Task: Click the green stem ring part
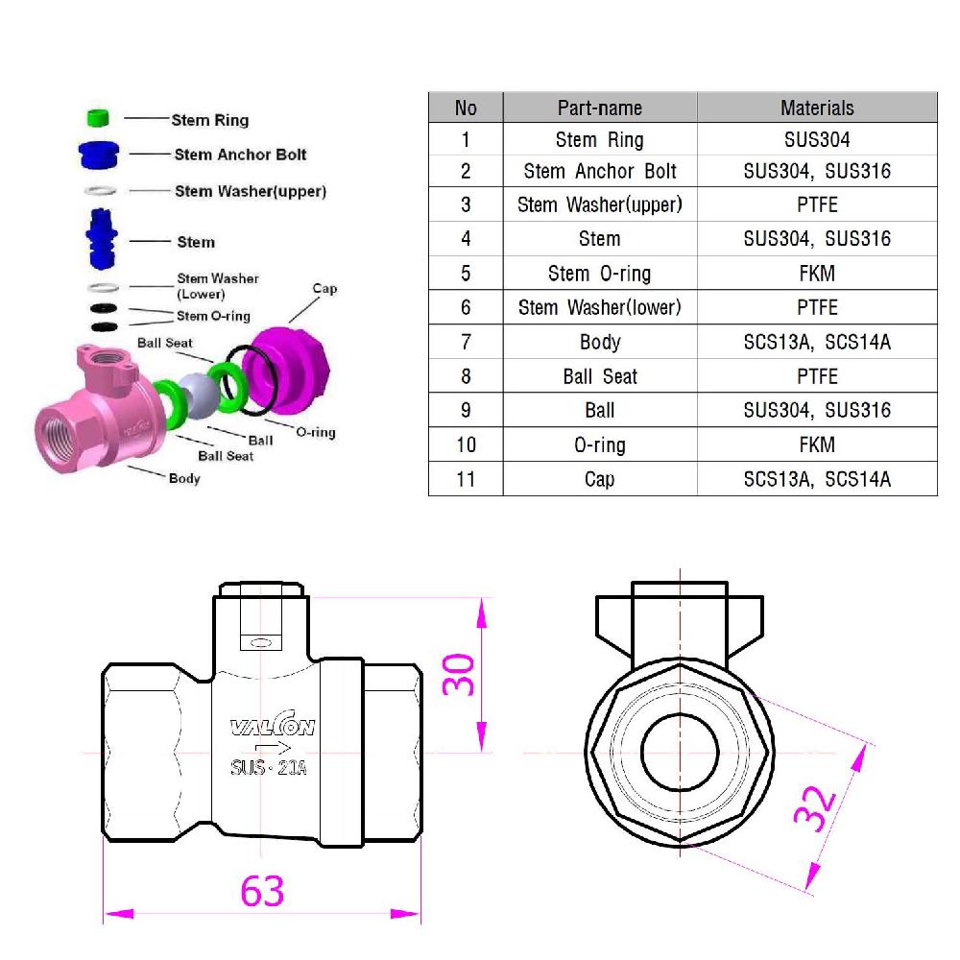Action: pos(97,118)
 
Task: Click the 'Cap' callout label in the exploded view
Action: pos(324,289)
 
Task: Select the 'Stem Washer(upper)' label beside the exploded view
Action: pos(250,191)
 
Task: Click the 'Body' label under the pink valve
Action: pos(184,478)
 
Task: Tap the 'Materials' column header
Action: pos(816,108)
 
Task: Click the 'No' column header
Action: pos(466,108)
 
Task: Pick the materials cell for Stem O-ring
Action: pos(816,274)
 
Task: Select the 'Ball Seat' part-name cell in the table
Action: pos(600,376)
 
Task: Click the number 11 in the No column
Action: pos(466,478)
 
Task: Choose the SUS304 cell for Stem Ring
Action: pos(816,140)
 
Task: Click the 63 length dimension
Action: pos(262,891)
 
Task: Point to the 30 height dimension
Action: pos(459,674)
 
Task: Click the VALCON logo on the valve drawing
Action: pos(272,728)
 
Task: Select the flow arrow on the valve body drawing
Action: pos(273,748)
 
